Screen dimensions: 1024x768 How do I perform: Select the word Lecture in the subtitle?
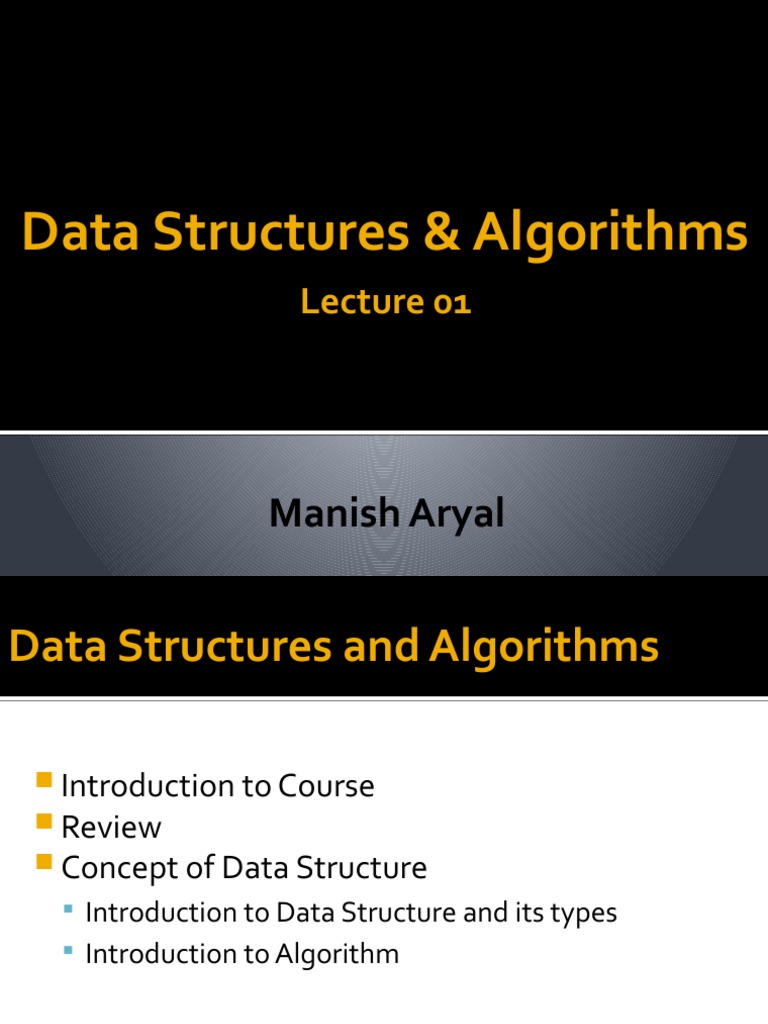coord(356,302)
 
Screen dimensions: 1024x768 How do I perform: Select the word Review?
coord(111,827)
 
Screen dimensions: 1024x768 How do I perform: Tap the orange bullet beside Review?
coord(42,822)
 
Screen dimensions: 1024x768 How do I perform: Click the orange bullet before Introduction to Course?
coord(42,780)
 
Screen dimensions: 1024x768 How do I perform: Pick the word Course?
coord(328,786)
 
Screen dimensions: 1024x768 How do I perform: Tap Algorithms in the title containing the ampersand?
coord(610,233)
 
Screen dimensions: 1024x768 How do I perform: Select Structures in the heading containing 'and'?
coord(226,646)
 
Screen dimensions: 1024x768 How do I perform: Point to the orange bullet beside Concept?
coord(42,863)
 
